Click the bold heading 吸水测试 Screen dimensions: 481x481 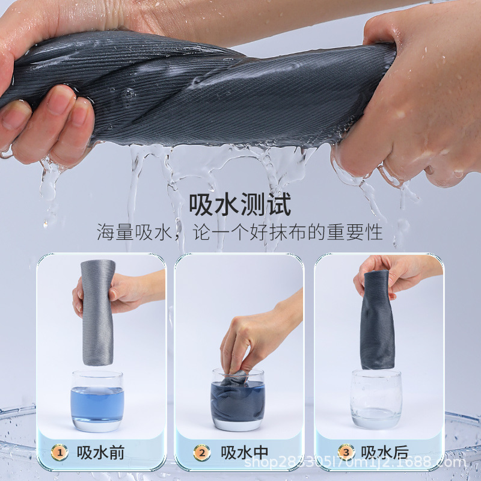click(240, 204)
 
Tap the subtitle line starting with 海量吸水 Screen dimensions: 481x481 click(240, 231)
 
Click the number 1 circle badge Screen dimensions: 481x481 click(59, 452)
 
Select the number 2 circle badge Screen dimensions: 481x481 click(201, 452)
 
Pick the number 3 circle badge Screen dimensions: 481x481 click(346, 452)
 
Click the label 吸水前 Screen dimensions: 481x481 click(100, 452)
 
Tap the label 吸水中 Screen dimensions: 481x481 click(245, 452)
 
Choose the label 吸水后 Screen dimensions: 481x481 click(385, 452)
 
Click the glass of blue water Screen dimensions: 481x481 click(97, 400)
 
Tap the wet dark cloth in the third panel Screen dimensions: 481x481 click(378, 322)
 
